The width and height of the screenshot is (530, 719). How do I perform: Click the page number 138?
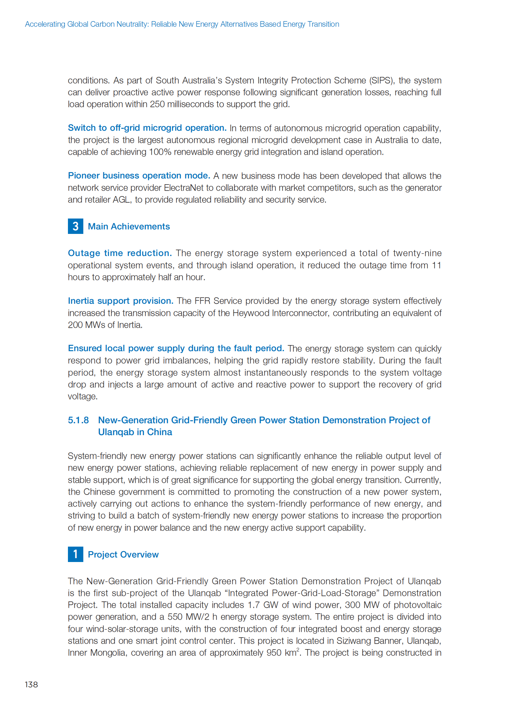click(x=31, y=684)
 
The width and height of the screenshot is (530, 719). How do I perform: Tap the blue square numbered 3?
click(x=75, y=226)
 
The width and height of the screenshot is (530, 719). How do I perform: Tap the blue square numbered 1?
click(x=75, y=554)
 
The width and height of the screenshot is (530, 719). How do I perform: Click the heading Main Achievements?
click(x=128, y=227)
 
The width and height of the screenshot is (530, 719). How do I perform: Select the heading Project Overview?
click(x=123, y=554)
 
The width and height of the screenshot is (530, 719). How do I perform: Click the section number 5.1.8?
click(x=78, y=420)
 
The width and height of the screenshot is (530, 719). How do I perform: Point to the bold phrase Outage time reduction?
click(x=120, y=253)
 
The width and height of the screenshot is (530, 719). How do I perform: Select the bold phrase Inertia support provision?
click(x=120, y=301)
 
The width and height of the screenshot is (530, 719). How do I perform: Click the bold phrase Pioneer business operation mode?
click(x=139, y=176)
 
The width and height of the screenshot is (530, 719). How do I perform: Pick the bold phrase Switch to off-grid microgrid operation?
click(x=147, y=128)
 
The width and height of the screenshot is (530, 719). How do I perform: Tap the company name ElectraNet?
click(x=184, y=188)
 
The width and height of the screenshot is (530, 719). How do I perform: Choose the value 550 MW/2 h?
click(x=192, y=617)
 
